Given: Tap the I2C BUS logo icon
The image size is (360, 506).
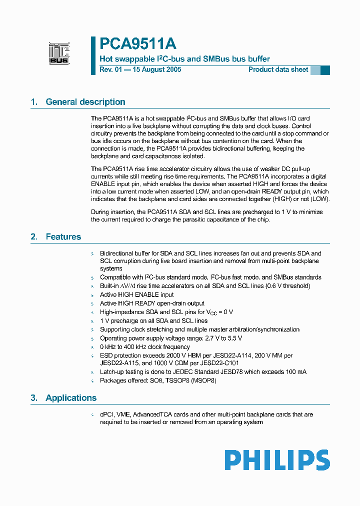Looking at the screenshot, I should pyautogui.click(x=59, y=53).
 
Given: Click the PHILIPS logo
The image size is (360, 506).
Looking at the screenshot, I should pyautogui.click(x=277, y=459).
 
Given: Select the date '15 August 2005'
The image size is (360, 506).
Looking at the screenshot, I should pyautogui.click(x=156, y=69).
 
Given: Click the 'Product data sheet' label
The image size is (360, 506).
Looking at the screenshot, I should pyautogui.click(x=278, y=69).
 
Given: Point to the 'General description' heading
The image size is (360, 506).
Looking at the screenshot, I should pyautogui.click(x=85, y=102).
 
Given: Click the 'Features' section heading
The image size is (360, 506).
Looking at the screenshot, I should pyautogui.click(x=63, y=236).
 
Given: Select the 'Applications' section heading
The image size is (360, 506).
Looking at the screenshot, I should pyautogui.click(x=71, y=398).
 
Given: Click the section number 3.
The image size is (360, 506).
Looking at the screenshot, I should pyautogui.click(x=34, y=398).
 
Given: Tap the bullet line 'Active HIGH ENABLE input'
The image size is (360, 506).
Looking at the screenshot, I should pyautogui.click(x=136, y=294).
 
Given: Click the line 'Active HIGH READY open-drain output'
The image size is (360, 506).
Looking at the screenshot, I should pyautogui.click(x=152, y=303).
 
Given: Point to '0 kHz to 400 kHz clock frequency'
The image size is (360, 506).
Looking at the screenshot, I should pyautogui.click(x=145, y=346).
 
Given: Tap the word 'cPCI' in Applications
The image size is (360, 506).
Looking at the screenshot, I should pyautogui.click(x=107, y=414).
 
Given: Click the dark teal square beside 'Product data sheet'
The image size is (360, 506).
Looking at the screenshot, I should pyautogui.click(x=325, y=70).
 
